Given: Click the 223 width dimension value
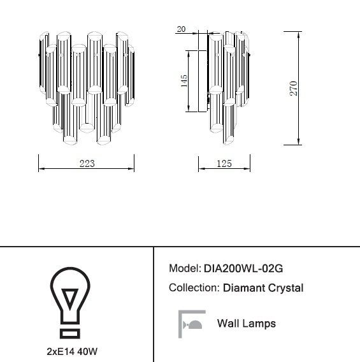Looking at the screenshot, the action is pyautogui.click(x=87, y=163).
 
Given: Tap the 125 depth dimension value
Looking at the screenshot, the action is pyautogui.click(x=224, y=164).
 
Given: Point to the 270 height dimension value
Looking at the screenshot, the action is pyautogui.click(x=294, y=88).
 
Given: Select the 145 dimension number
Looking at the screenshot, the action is pyautogui.click(x=184, y=81).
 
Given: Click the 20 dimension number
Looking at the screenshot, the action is pyautogui.click(x=181, y=29).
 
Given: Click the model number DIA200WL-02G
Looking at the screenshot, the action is pyautogui.click(x=243, y=268).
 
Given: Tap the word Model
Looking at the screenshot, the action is pyautogui.click(x=185, y=268).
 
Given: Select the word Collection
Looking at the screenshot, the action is pyautogui.click(x=194, y=287).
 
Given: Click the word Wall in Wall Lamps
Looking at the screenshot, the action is pyautogui.click(x=227, y=323).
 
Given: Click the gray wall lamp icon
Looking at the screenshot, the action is pyautogui.click(x=192, y=324).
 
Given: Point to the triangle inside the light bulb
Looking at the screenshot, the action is pyautogui.click(x=70, y=298).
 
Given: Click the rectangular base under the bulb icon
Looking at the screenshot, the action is pyautogui.click(x=70, y=333).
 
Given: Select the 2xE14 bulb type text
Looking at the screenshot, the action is pyautogui.click(x=61, y=352).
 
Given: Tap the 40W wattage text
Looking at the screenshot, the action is pyautogui.click(x=87, y=352).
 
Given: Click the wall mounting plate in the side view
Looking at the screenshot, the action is pyautogui.click(x=203, y=81).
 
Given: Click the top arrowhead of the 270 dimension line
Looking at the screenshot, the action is pyautogui.click(x=299, y=34).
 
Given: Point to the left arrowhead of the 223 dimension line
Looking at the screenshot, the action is pyautogui.click(x=41, y=169).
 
